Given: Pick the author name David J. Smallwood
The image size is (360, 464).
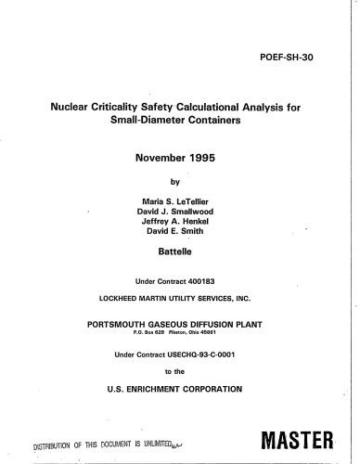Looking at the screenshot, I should (184, 208).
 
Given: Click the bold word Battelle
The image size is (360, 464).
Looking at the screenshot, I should (183, 250).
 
